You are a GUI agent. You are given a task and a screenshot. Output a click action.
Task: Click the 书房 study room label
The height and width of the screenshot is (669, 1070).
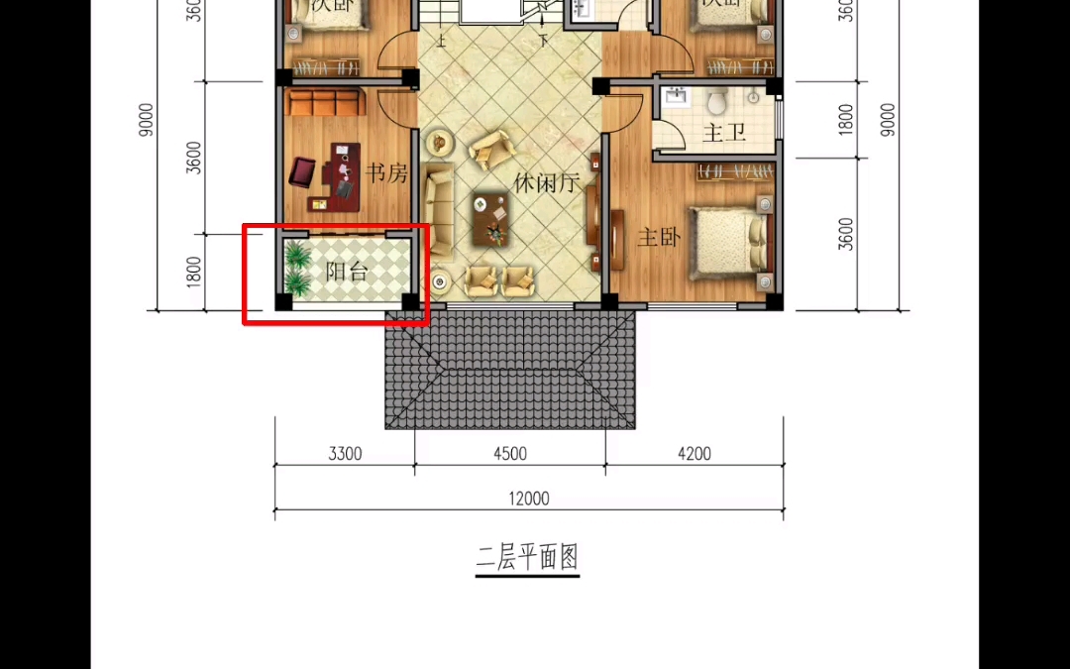[386, 174]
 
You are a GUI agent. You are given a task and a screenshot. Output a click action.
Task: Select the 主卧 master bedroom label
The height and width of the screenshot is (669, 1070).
[659, 238]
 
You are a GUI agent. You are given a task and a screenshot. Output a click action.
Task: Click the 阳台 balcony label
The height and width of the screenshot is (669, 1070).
[347, 271]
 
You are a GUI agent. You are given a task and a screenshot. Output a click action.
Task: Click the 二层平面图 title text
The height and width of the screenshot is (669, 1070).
[526, 558]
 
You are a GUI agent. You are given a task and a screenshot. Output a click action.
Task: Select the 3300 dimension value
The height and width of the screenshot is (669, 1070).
[345, 454]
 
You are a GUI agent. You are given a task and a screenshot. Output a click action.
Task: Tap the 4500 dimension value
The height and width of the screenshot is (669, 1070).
[509, 454]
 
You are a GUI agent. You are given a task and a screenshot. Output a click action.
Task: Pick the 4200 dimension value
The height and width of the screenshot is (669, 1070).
[694, 454]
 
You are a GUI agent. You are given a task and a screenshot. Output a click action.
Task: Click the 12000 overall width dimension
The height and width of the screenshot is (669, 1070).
[529, 500]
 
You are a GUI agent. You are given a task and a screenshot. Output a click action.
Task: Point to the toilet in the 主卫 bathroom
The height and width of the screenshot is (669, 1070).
[717, 100]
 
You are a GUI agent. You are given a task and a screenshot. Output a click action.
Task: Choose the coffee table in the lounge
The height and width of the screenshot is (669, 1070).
[492, 218]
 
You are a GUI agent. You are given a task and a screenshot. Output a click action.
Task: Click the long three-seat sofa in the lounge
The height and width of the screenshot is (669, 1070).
[437, 210]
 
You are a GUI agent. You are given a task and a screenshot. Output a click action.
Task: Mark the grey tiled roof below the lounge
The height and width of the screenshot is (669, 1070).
[509, 370]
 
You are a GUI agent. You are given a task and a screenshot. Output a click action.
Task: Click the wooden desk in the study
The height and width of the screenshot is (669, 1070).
[341, 179]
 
